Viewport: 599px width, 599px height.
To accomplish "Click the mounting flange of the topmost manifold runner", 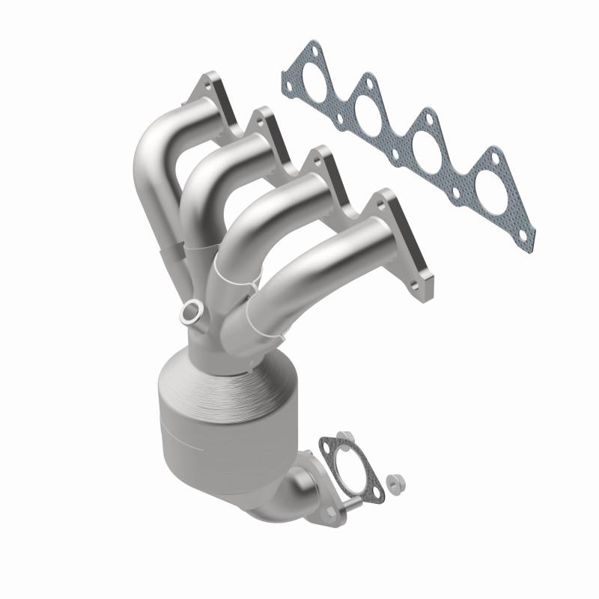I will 217,105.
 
